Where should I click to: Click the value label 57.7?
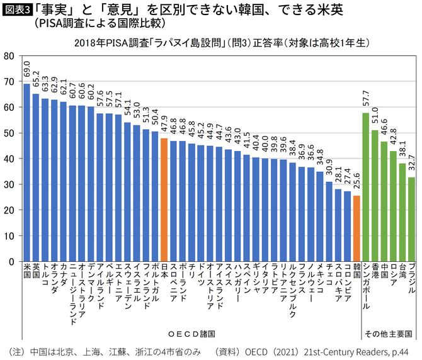366,99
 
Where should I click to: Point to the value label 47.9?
164,125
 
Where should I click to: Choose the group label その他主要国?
389,333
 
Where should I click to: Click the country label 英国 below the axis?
36,271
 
